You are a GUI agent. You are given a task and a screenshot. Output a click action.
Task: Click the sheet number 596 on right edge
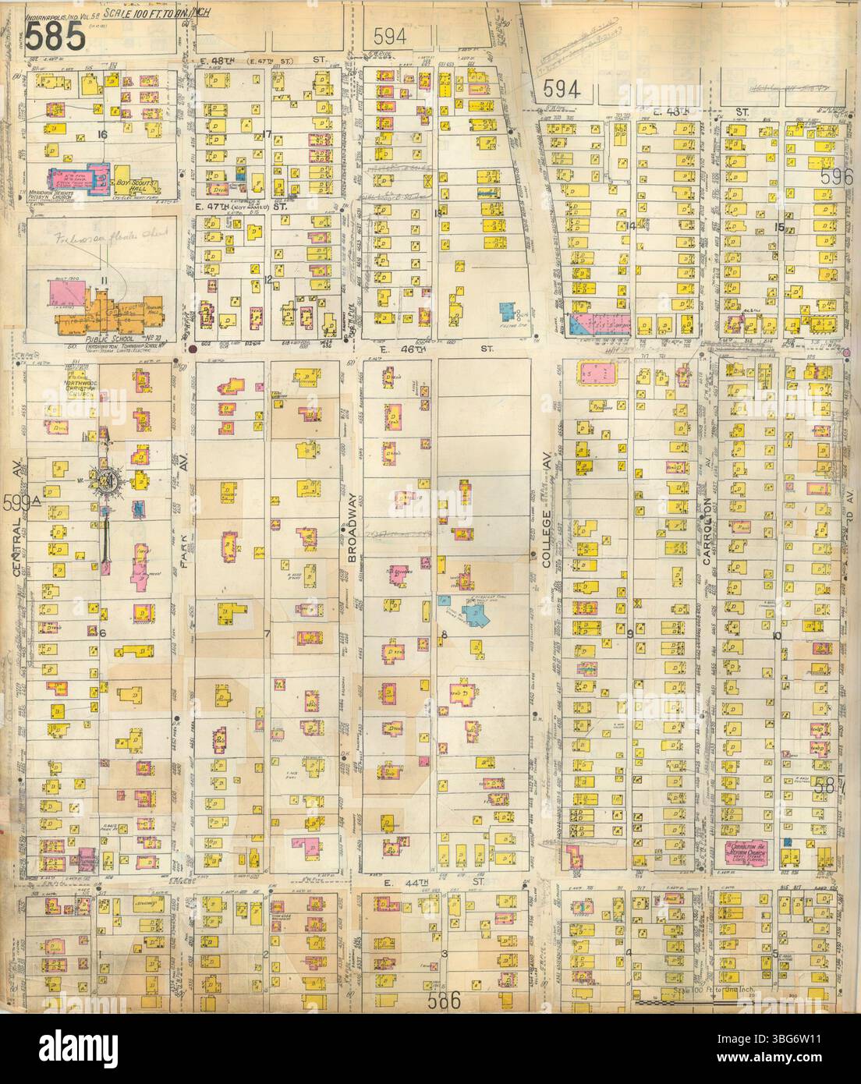point(841,177)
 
